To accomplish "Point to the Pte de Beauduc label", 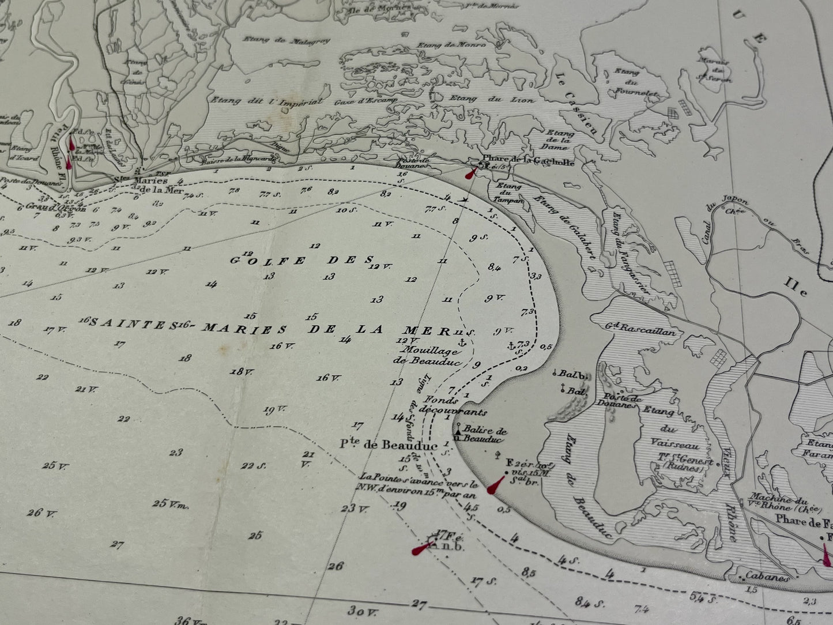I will [x=388, y=445].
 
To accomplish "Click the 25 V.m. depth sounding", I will [x=171, y=503].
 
